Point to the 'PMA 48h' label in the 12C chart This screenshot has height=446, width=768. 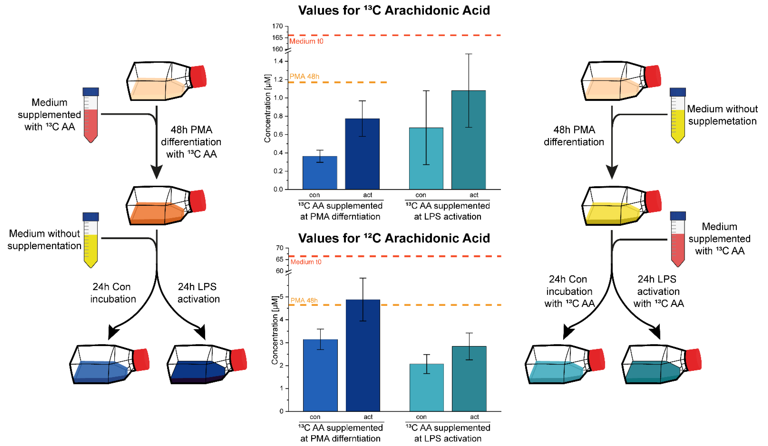304,301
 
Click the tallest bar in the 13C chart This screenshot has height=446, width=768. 469,140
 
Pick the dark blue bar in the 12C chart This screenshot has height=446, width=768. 363,355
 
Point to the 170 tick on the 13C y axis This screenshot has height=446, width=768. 278,26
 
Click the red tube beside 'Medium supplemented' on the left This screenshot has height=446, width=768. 91,116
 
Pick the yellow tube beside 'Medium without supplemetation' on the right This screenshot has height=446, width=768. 678,116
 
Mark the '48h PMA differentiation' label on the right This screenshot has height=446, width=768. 574,136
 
